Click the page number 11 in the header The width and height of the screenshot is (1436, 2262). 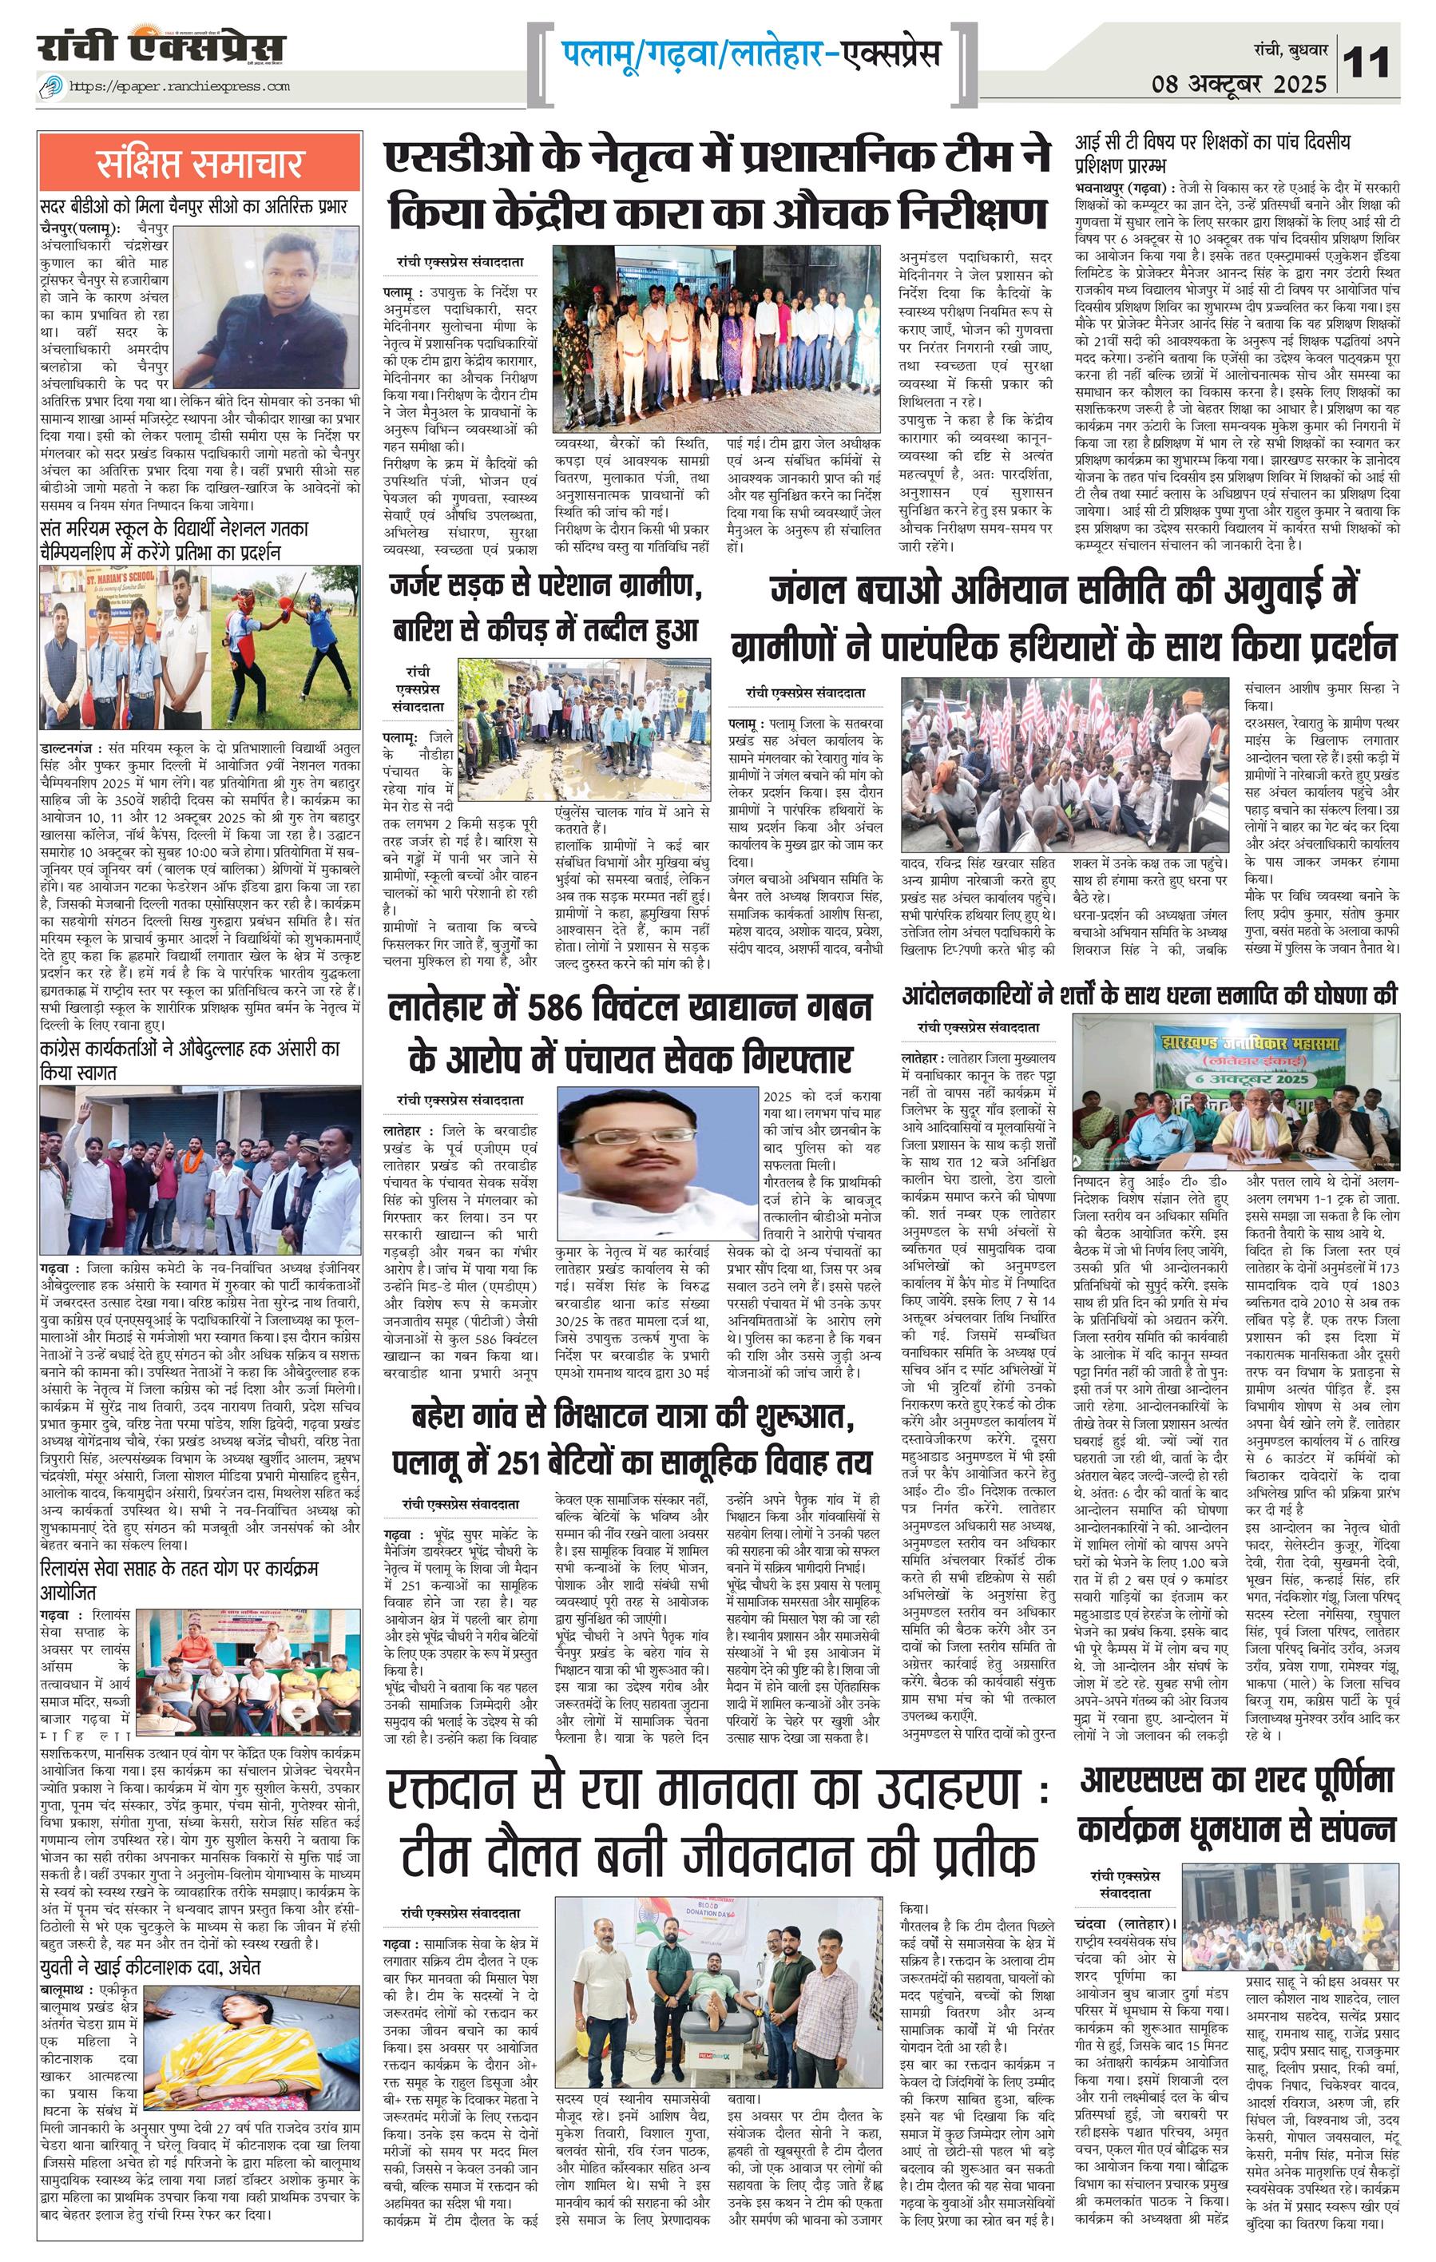(1367, 63)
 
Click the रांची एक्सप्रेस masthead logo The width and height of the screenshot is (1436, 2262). (161, 47)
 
